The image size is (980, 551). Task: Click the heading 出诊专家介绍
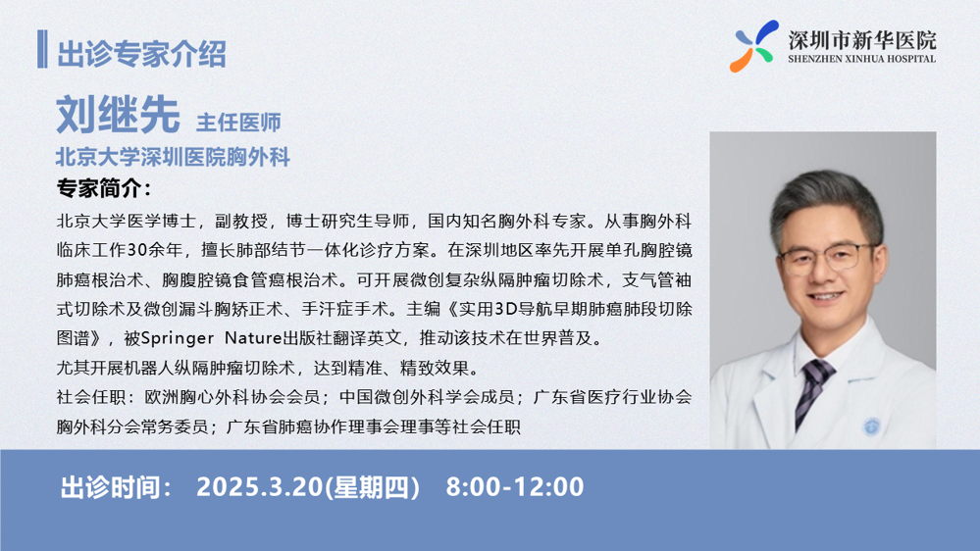tap(141, 53)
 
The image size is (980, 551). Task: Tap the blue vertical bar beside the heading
tap(42, 49)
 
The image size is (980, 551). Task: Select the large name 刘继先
tap(118, 115)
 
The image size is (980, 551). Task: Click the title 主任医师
tap(238, 123)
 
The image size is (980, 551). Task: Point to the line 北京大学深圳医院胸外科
tap(173, 157)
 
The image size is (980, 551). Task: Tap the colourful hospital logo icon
tap(754, 46)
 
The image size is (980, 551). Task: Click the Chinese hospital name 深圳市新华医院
tap(862, 40)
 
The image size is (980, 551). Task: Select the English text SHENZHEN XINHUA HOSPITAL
tap(862, 60)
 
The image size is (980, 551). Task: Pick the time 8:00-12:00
tap(515, 486)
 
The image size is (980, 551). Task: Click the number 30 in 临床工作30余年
tap(137, 250)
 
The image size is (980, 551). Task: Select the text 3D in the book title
tap(504, 309)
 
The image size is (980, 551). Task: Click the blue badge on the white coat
tap(871, 426)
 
